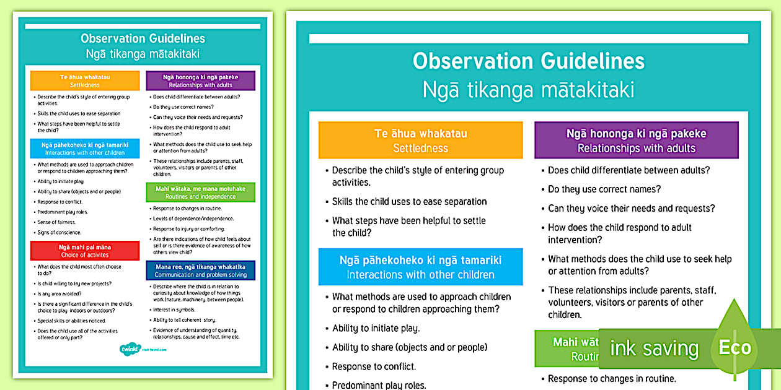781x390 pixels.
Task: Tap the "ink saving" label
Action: (654, 349)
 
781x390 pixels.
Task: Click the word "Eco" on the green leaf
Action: (735, 347)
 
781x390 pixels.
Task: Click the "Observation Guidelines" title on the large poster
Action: (529, 61)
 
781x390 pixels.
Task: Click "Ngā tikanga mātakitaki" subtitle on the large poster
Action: (529, 90)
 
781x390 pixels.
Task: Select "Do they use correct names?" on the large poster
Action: (604, 189)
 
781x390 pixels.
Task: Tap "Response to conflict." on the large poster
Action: (374, 366)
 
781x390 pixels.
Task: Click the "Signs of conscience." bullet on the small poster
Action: (59, 233)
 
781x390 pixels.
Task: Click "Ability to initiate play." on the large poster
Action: (376, 328)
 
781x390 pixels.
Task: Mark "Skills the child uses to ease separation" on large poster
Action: (409, 202)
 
